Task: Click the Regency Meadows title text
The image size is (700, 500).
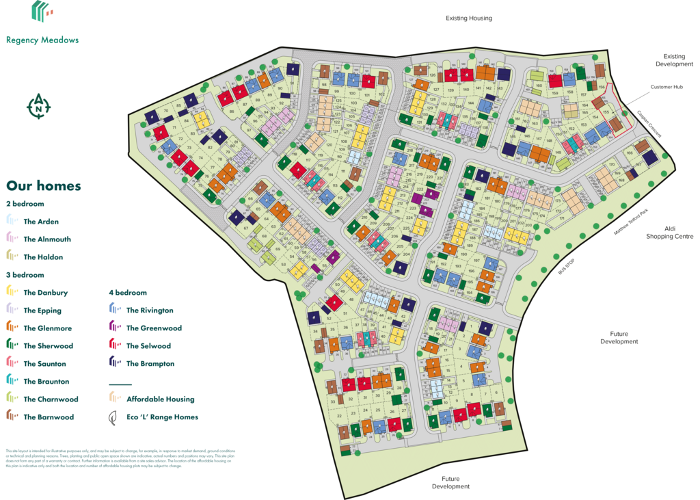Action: (42, 40)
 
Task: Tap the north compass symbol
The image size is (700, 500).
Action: (39, 106)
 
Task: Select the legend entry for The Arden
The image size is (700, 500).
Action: (41, 222)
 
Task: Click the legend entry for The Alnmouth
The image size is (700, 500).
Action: (47, 239)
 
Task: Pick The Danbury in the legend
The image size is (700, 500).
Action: (45, 293)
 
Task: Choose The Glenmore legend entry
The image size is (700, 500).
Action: (47, 328)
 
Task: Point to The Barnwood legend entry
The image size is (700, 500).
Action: (49, 417)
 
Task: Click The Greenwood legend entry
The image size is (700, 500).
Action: (154, 328)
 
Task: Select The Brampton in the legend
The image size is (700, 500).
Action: (150, 364)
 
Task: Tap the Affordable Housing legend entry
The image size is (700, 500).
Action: (160, 399)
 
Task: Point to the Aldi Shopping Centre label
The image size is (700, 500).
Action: (670, 233)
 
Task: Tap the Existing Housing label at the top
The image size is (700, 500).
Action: (468, 18)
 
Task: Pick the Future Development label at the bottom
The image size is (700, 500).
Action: (450, 483)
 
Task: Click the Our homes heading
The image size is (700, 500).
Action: (44, 186)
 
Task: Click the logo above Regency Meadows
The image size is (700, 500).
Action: (42, 12)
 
